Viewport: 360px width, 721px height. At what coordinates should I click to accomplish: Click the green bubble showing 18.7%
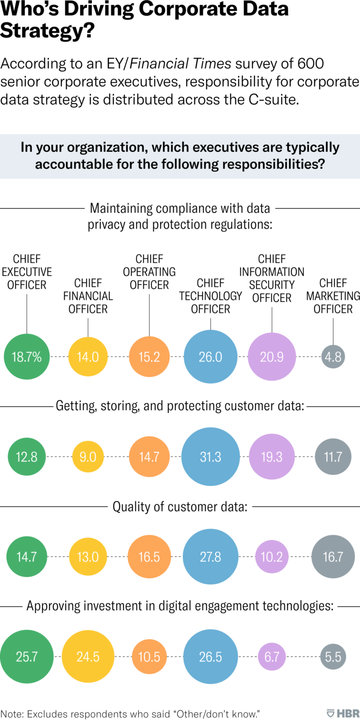coord(27,357)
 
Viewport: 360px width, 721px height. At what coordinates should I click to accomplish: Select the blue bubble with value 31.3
coord(210,456)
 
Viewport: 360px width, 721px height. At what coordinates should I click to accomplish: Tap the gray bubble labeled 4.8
coord(333,357)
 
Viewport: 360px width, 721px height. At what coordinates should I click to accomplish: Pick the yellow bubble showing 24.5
coord(88,656)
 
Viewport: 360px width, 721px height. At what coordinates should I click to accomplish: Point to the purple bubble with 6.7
coord(272,656)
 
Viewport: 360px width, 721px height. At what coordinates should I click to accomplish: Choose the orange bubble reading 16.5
coord(149,556)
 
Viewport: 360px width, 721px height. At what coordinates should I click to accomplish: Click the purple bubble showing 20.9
coord(272,357)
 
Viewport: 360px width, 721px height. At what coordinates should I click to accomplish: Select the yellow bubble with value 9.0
coord(88,456)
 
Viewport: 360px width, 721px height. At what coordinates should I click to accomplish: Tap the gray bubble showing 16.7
coord(333,556)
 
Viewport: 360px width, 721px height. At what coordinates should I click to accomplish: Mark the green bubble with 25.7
coord(27,656)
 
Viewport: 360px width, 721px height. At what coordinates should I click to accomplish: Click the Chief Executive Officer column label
coord(27,272)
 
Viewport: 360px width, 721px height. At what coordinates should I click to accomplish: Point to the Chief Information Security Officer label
coord(272,278)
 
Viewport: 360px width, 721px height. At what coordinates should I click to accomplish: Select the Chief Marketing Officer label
coord(333,296)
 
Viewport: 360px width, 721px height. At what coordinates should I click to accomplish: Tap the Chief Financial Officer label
coord(88,296)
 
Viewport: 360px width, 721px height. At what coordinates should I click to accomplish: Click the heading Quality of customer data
coord(180,507)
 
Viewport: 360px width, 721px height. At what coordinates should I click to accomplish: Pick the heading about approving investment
coord(180,606)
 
